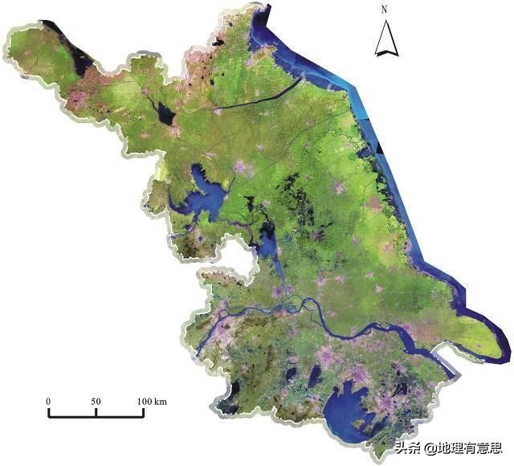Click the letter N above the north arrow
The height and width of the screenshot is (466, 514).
[x=385, y=10]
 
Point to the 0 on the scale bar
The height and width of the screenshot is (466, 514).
[x=48, y=401]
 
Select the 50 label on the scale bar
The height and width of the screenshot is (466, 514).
[x=96, y=401]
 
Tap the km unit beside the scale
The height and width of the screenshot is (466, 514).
[x=161, y=401]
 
